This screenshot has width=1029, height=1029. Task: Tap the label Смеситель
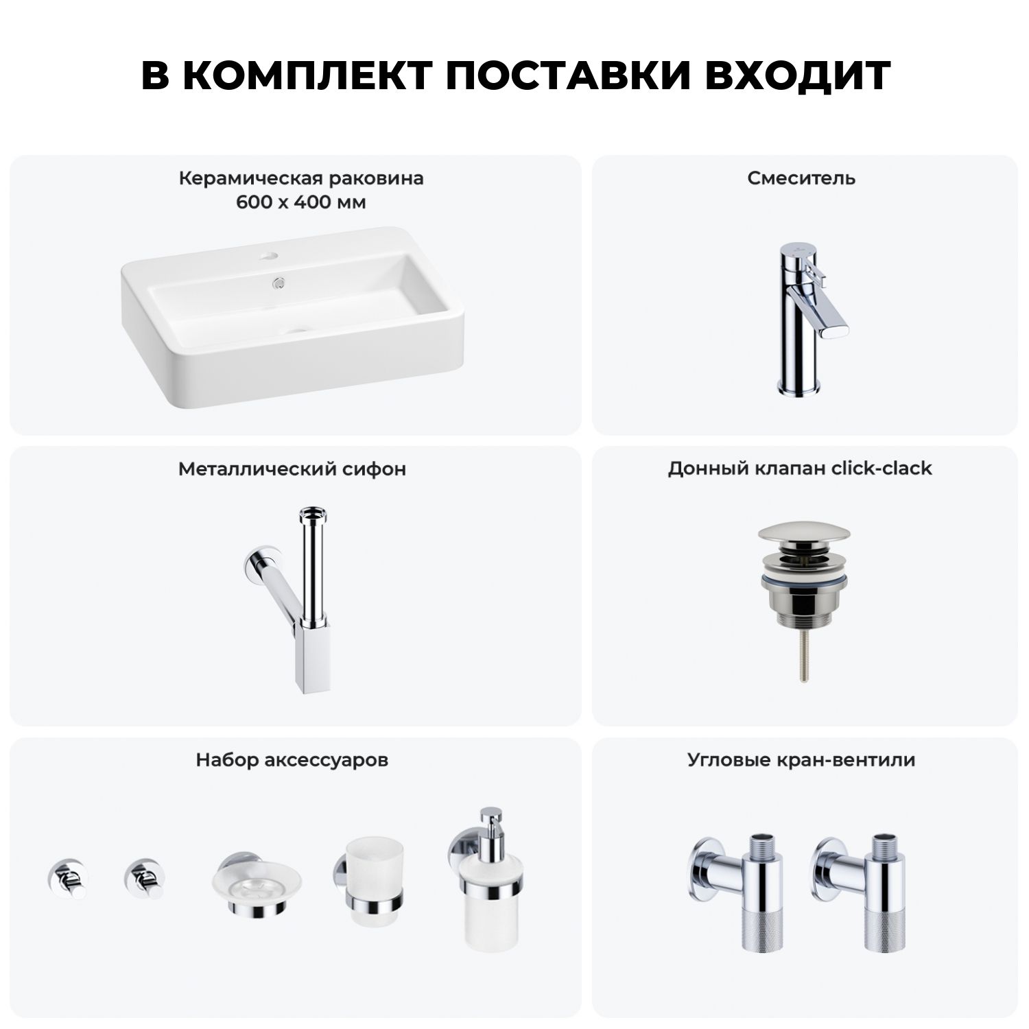[801, 178]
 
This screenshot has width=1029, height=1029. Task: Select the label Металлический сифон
[292, 469]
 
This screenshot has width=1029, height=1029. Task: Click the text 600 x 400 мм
[300, 203]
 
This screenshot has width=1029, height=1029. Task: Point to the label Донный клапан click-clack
[800, 469]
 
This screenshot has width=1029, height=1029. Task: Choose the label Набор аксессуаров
[292, 760]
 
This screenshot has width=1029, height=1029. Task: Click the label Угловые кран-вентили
[801, 760]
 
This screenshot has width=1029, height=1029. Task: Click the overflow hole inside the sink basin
[279, 281]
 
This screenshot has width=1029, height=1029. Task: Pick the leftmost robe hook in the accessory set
[66, 877]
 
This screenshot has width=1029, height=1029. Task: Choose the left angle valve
[736, 892]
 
